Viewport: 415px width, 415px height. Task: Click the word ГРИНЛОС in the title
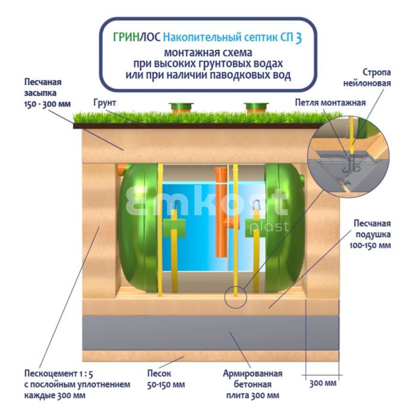[x=136, y=38]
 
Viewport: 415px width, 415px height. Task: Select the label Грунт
[x=104, y=103]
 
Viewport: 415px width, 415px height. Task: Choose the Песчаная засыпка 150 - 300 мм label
[x=47, y=92]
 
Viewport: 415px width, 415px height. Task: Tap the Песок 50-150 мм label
[x=159, y=379]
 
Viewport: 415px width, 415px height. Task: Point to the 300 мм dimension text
[x=323, y=382]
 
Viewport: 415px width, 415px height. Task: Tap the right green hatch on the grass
[x=256, y=107]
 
